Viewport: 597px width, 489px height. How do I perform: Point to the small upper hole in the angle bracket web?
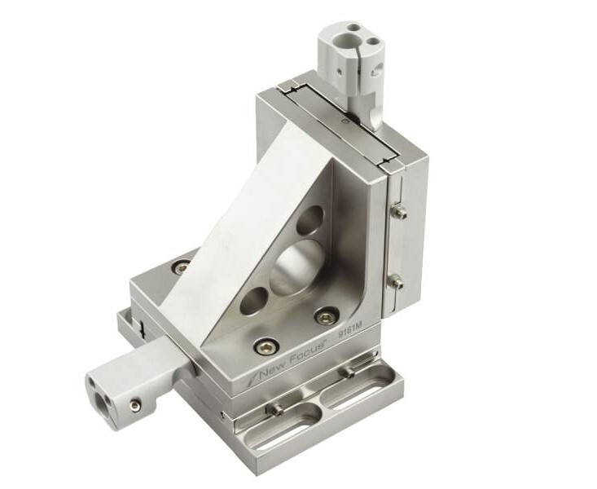[x=309, y=219]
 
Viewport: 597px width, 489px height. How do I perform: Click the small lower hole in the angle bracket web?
[x=254, y=301]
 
